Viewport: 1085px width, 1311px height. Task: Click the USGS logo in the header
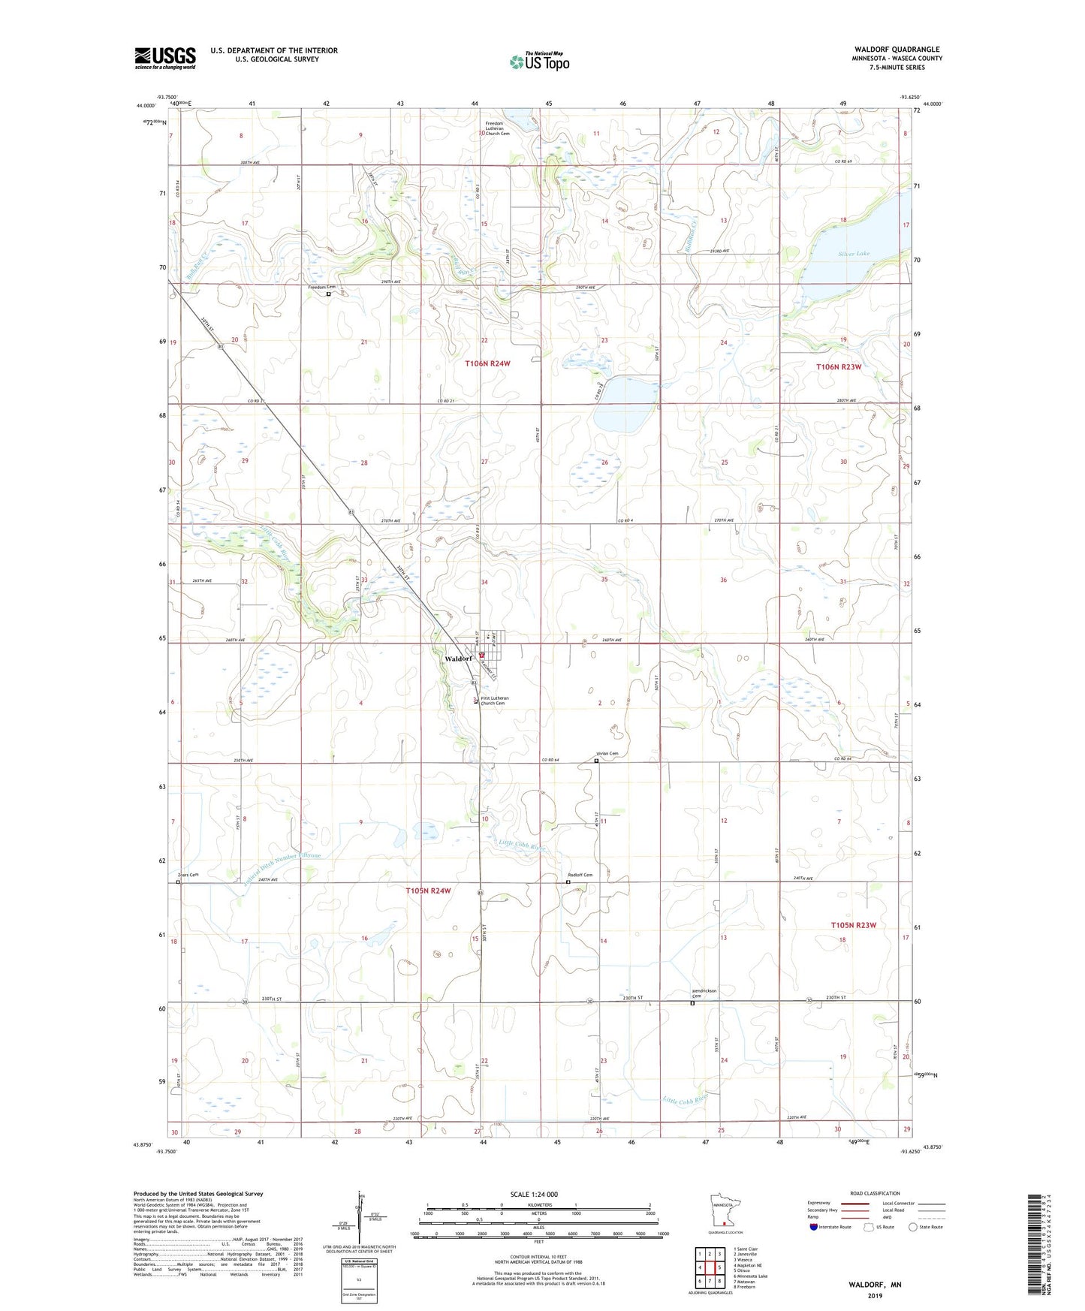click(x=165, y=58)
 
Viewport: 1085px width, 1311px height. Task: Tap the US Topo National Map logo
click(x=538, y=62)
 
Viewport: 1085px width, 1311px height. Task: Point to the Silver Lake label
click(x=854, y=254)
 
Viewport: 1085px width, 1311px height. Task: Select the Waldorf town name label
click(x=458, y=659)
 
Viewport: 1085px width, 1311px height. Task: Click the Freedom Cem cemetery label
click(x=322, y=288)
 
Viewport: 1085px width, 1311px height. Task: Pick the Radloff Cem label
click(x=580, y=875)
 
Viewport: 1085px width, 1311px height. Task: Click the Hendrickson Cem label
click(x=704, y=993)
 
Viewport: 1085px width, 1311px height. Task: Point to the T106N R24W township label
click(x=487, y=363)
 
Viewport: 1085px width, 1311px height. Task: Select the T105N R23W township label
click(x=853, y=925)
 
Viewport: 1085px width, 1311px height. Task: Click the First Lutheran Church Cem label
click(x=494, y=701)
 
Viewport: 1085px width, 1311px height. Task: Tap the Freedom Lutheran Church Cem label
click(x=498, y=128)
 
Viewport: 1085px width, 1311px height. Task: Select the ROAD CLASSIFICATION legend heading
click(x=875, y=1193)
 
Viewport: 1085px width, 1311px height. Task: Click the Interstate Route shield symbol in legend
click(x=814, y=1227)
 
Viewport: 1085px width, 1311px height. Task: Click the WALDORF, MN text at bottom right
click(x=875, y=1285)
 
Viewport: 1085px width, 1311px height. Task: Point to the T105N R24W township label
click(x=429, y=891)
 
